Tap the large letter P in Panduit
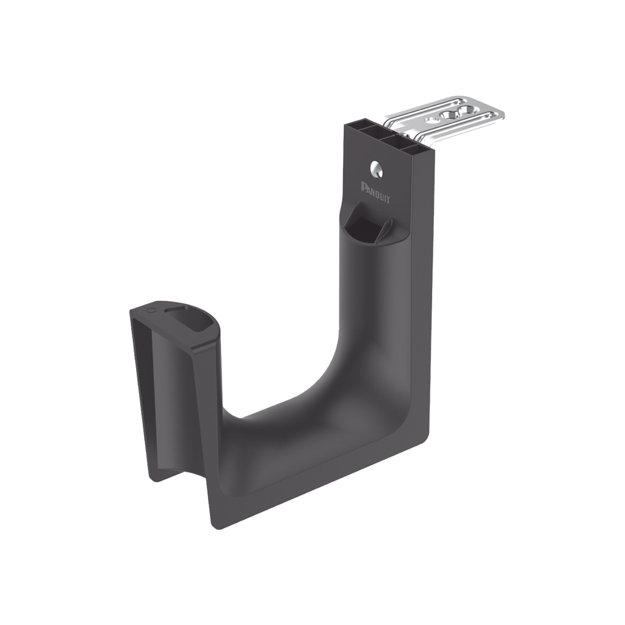pos(364,186)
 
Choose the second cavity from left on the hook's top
pos(374,135)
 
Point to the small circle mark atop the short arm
pos(151,311)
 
